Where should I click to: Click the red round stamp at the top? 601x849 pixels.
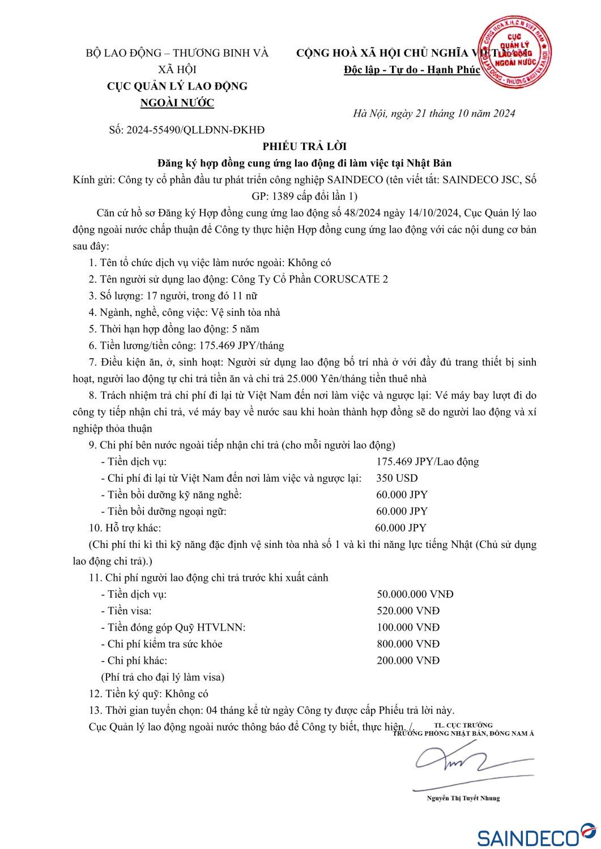(x=514, y=53)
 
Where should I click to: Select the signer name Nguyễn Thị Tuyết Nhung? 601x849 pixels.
(x=463, y=798)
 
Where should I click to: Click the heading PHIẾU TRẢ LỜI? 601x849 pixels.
(x=304, y=146)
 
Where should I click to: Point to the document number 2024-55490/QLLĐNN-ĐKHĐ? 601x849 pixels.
(x=195, y=130)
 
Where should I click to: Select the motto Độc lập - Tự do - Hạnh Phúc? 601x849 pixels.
(x=412, y=70)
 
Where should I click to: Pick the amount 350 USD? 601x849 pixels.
(x=397, y=478)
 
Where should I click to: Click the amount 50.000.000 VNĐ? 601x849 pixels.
(x=415, y=594)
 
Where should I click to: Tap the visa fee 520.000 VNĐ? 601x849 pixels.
(x=408, y=611)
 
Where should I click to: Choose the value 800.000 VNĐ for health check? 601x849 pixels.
(x=408, y=644)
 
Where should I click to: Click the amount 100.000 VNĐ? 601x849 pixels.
(x=408, y=627)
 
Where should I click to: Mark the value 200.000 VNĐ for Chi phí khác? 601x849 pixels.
(x=408, y=661)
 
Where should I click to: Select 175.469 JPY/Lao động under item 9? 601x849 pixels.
(x=427, y=462)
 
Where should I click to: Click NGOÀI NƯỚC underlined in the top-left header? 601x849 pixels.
(x=177, y=102)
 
